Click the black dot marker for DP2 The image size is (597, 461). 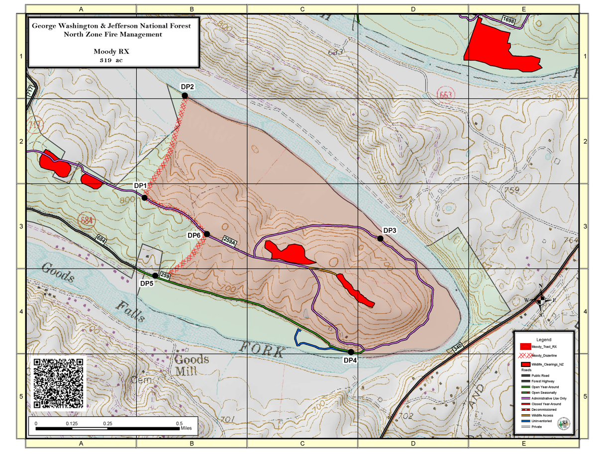(185, 95)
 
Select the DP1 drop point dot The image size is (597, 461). (144, 197)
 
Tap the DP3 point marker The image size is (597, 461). (380, 238)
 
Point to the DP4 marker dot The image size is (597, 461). (351, 352)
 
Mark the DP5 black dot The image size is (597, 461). (155, 276)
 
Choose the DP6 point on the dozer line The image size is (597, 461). (207, 234)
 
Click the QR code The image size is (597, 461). (59, 383)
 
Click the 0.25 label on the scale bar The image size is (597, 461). (107, 423)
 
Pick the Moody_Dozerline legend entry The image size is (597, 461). (543, 355)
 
